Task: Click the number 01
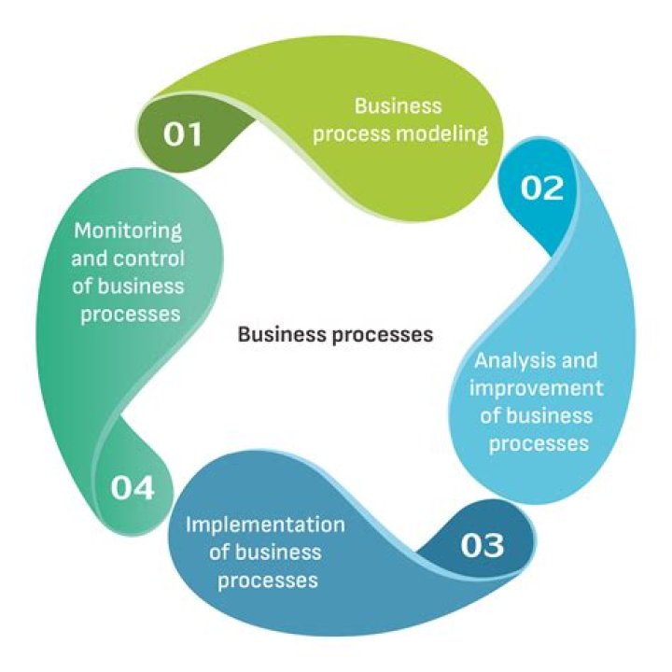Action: click(183, 134)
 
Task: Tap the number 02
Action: click(542, 189)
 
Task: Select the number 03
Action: click(482, 544)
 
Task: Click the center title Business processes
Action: click(335, 333)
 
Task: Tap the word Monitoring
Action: click(127, 230)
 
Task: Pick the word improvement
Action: click(537, 387)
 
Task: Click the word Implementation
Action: click(265, 524)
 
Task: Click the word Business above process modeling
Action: click(398, 106)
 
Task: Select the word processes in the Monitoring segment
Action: click(130, 314)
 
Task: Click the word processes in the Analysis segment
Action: click(539, 442)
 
